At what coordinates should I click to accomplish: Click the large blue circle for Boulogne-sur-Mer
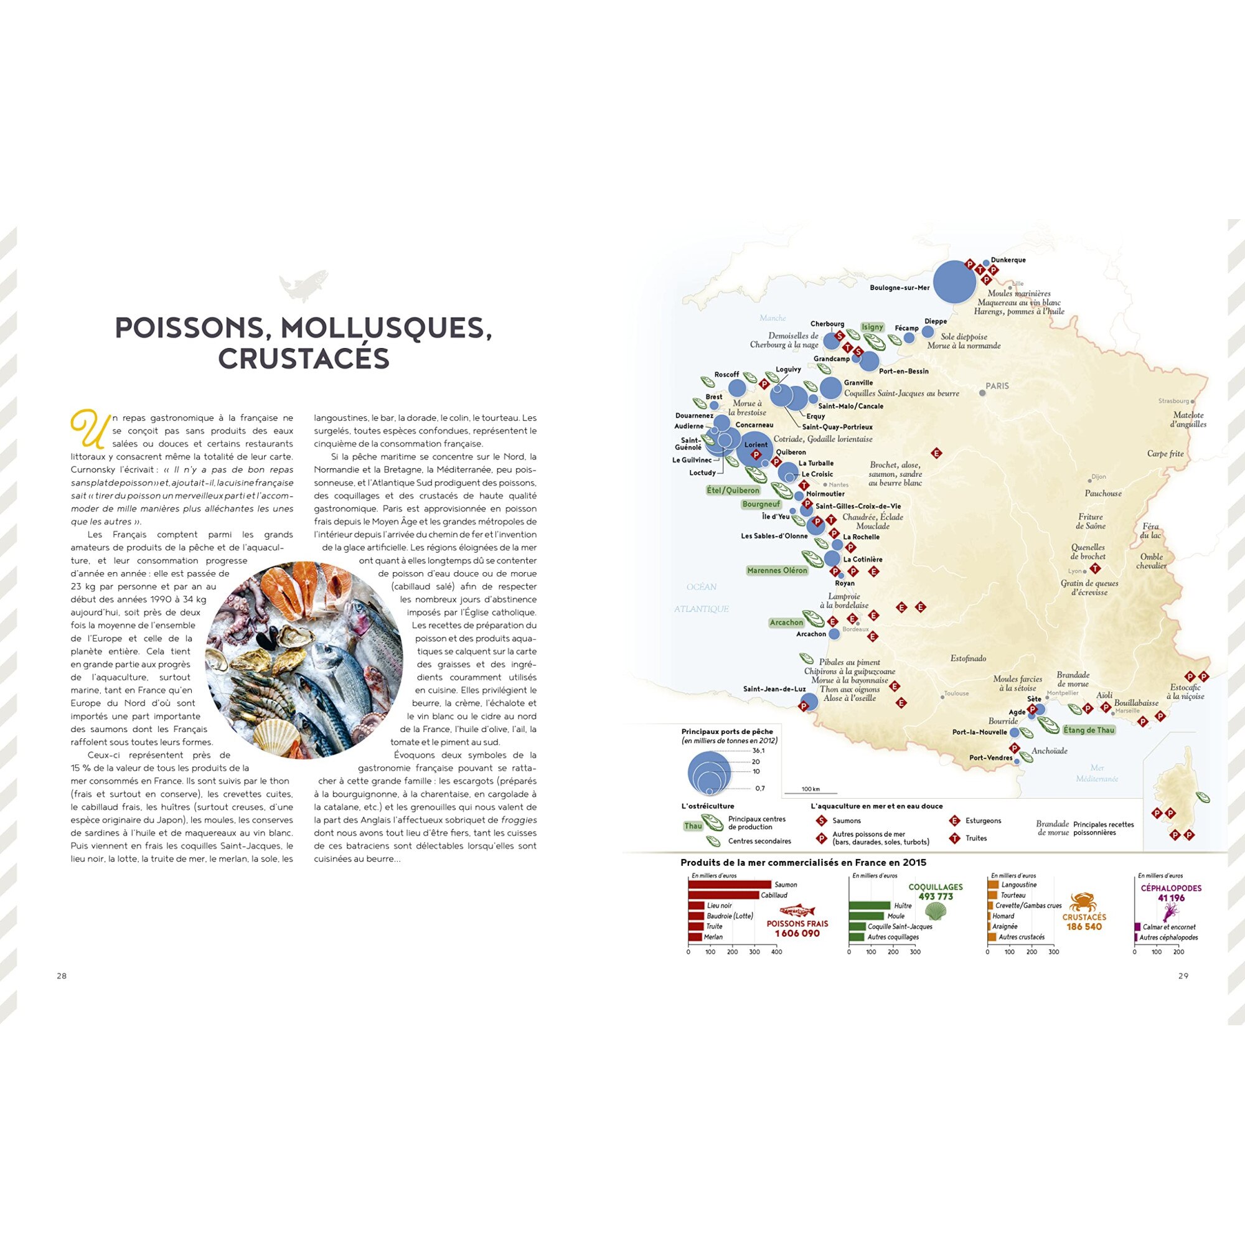tap(954, 281)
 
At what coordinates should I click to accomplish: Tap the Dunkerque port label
tap(1008, 260)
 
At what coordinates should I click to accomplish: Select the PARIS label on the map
tap(997, 386)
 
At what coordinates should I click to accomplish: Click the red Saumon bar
tap(730, 885)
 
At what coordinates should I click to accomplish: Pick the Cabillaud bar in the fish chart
tap(723, 895)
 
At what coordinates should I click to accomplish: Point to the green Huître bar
tap(869, 905)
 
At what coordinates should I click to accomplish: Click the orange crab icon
tap(1084, 901)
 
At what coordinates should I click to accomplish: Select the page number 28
tap(62, 975)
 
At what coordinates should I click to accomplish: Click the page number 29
tap(1183, 975)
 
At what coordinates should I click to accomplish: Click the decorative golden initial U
tap(88, 428)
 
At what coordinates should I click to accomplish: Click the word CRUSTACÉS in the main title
tap(304, 359)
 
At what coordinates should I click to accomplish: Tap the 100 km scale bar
tap(810, 792)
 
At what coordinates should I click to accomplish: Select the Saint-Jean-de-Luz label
tap(774, 689)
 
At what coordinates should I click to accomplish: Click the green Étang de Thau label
tap(1088, 730)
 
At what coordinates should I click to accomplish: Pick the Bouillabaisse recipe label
tap(1136, 703)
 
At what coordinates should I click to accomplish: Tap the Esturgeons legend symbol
tap(954, 821)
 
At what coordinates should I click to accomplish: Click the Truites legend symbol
tap(954, 839)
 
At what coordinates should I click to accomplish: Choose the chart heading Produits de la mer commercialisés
tap(803, 862)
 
